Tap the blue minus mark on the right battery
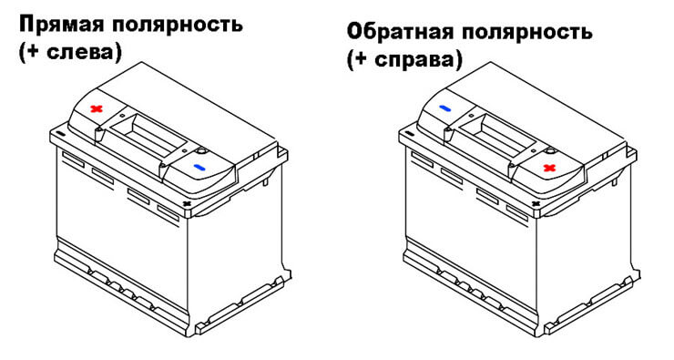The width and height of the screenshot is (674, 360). [444, 108]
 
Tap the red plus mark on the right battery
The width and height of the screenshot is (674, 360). [549, 168]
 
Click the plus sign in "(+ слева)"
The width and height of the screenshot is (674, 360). [32, 53]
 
